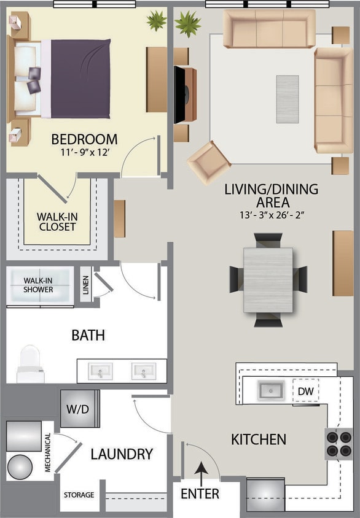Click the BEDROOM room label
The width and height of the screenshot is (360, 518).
[x=84, y=139]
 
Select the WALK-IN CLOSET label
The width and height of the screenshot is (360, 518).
[x=57, y=222]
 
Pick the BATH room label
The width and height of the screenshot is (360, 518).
[x=88, y=335]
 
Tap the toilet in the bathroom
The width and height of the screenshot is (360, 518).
[x=30, y=363]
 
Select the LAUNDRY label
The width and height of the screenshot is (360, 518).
[x=122, y=454]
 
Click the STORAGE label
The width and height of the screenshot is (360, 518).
[x=79, y=495]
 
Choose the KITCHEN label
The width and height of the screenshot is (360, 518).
[x=259, y=439]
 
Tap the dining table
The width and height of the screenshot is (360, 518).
[x=268, y=279]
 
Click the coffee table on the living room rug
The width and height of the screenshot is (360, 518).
[x=287, y=91]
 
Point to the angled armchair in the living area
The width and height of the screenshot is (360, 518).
[x=209, y=161]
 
